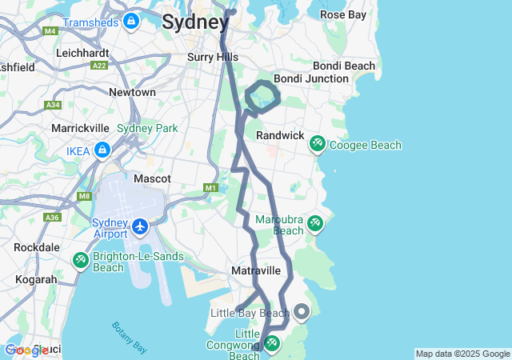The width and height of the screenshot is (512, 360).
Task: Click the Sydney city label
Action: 194,22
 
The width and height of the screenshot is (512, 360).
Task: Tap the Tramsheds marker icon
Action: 131,20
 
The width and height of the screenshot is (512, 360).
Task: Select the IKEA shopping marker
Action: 102,150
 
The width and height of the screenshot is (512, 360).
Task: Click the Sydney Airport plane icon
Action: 141,227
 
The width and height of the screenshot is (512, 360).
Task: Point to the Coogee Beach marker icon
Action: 317,145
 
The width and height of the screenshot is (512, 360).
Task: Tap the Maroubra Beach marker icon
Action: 314,223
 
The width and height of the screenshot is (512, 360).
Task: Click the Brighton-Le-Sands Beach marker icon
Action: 81,260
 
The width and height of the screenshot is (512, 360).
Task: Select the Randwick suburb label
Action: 280,136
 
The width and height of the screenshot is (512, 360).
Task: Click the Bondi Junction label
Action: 310,79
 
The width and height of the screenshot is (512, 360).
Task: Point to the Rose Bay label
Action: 342,14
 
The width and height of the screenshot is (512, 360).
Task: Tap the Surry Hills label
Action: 212,57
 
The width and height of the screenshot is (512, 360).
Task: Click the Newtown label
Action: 132,92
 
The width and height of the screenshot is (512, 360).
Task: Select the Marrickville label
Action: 80,128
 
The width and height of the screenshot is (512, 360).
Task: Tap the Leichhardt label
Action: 82,52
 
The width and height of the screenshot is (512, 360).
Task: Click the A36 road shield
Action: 53,218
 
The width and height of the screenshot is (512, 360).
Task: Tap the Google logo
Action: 26,350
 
